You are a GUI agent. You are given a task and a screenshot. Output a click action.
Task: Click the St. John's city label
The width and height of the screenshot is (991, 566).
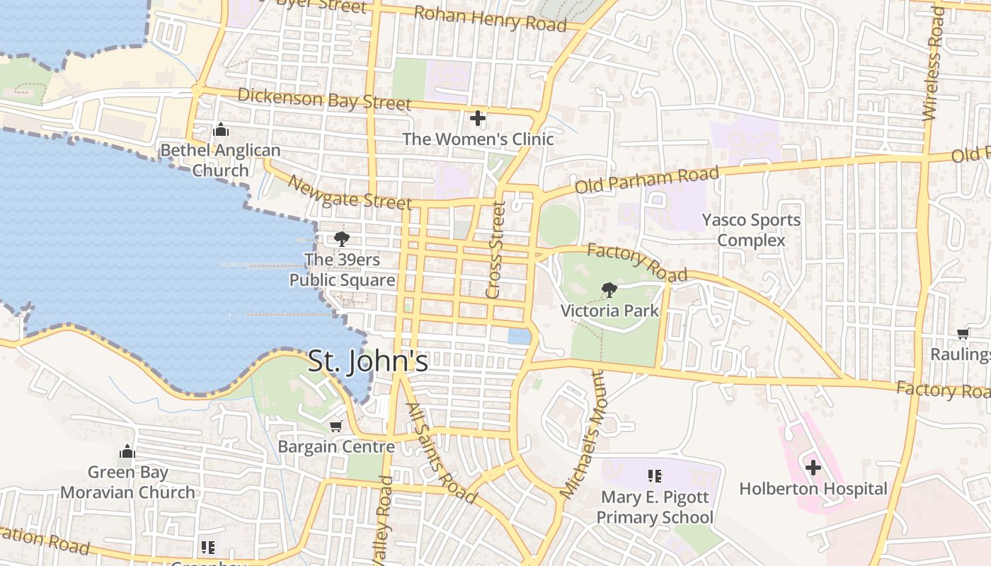coord(368,361)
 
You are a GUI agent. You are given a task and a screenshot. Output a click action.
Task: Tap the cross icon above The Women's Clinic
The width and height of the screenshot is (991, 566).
coord(478,118)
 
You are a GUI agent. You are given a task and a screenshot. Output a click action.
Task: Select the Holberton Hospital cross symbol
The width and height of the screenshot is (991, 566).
coord(813,468)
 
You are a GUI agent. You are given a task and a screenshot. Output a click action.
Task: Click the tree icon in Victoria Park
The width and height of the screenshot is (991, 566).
coord(608,289)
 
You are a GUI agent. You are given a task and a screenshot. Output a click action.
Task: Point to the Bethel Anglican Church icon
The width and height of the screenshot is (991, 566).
coord(221,130)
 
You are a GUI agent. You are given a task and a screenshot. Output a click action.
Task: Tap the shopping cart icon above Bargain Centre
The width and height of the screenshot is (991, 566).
coord(336,426)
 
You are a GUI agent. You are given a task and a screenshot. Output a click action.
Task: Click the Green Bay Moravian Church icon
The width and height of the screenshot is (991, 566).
coord(127,451)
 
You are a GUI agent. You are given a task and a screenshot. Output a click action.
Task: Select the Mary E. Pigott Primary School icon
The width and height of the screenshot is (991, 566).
coord(655,476)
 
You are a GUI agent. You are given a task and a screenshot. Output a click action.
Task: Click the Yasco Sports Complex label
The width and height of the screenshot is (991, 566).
coord(751,230)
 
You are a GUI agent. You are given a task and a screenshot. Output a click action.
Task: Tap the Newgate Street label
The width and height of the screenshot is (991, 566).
coord(349,192)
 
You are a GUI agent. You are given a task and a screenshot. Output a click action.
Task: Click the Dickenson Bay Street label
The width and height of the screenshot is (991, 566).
coord(324,98)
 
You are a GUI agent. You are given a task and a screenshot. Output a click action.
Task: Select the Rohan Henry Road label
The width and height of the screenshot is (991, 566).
coord(490,18)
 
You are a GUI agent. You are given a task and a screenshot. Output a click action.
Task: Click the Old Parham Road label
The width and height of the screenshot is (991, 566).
coord(647,180)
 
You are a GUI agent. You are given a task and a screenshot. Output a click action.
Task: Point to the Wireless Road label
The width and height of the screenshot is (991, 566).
coord(934,64)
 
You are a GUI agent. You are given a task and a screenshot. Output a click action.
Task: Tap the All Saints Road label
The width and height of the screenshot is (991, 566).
coord(441,452)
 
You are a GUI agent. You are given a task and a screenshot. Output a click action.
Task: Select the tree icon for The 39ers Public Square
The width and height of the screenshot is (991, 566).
coord(342,238)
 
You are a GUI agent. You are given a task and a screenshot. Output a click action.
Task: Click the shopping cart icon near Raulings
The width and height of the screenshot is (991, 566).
coord(963,333)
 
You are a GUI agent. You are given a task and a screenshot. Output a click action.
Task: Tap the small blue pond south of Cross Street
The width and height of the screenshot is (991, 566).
coord(520,336)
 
